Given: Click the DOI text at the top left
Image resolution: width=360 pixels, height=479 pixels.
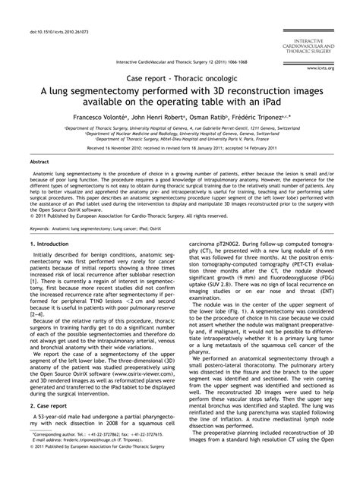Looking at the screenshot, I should pos(52,11).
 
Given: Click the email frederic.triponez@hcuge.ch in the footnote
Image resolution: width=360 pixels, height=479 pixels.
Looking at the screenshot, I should pos(88,460).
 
